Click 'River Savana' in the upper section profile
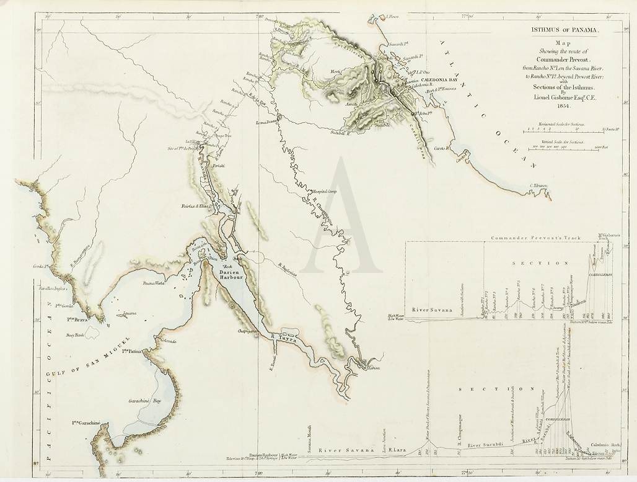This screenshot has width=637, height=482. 431,309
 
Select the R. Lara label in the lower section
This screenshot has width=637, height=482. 397,450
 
